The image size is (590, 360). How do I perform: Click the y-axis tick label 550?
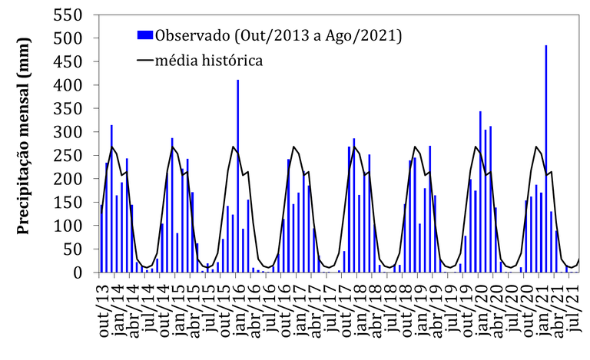tap(72, 15)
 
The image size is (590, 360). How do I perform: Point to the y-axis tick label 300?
tap(72, 132)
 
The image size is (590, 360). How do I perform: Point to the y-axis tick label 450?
tap(72, 61)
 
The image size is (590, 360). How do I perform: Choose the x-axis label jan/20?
tap(477, 311)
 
